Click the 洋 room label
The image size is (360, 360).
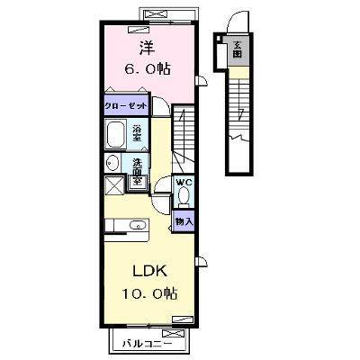[148, 48]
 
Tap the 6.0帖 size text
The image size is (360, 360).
[148, 69]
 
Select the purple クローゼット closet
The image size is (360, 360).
[127, 105]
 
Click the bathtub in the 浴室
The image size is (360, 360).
[116, 134]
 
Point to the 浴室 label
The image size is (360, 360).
[138, 133]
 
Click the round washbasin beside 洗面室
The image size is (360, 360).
[112, 164]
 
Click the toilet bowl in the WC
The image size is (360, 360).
[184, 195]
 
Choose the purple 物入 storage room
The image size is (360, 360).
[184, 221]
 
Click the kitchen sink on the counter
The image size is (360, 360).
[138, 225]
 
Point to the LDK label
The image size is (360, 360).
[149, 272]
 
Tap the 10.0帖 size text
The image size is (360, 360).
[149, 293]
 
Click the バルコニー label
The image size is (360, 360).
[147, 344]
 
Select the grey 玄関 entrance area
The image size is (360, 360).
[238, 49]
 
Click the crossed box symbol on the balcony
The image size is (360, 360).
[173, 334]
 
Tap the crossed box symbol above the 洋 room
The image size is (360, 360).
[156, 14]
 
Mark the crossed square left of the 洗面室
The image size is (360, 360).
[114, 186]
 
